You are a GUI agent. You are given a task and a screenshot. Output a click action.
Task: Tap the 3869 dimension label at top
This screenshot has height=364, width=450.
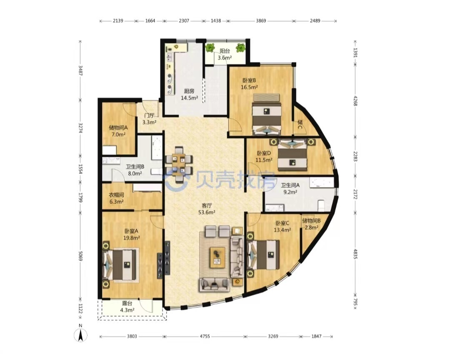(261, 21)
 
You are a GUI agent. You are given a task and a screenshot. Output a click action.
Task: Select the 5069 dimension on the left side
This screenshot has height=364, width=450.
(81, 254)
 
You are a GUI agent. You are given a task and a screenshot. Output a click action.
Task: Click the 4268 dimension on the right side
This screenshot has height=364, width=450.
(355, 101)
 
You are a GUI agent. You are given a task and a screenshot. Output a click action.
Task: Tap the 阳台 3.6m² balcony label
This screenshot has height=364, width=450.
(225, 54)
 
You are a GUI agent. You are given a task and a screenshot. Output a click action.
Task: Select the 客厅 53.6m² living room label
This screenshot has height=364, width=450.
(207, 209)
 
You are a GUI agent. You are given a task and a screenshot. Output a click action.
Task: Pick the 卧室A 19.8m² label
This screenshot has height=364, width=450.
(131, 234)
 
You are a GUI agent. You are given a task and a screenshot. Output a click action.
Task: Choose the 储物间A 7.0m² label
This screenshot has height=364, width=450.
(118, 131)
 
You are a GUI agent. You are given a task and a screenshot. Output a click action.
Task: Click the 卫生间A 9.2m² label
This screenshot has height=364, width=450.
(290, 188)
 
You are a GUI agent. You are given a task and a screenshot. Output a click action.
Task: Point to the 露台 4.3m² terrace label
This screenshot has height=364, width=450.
(127, 306)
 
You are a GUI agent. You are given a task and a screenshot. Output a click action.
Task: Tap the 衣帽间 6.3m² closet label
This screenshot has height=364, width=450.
(117, 198)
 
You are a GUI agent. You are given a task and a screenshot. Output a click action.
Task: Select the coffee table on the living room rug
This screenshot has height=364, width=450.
(217, 257)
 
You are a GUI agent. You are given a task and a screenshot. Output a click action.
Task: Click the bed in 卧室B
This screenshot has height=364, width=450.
(267, 115)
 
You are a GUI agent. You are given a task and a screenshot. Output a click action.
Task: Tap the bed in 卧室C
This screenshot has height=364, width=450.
(263, 255)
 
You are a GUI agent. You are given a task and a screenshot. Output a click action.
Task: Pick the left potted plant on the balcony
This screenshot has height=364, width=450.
(210, 48)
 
